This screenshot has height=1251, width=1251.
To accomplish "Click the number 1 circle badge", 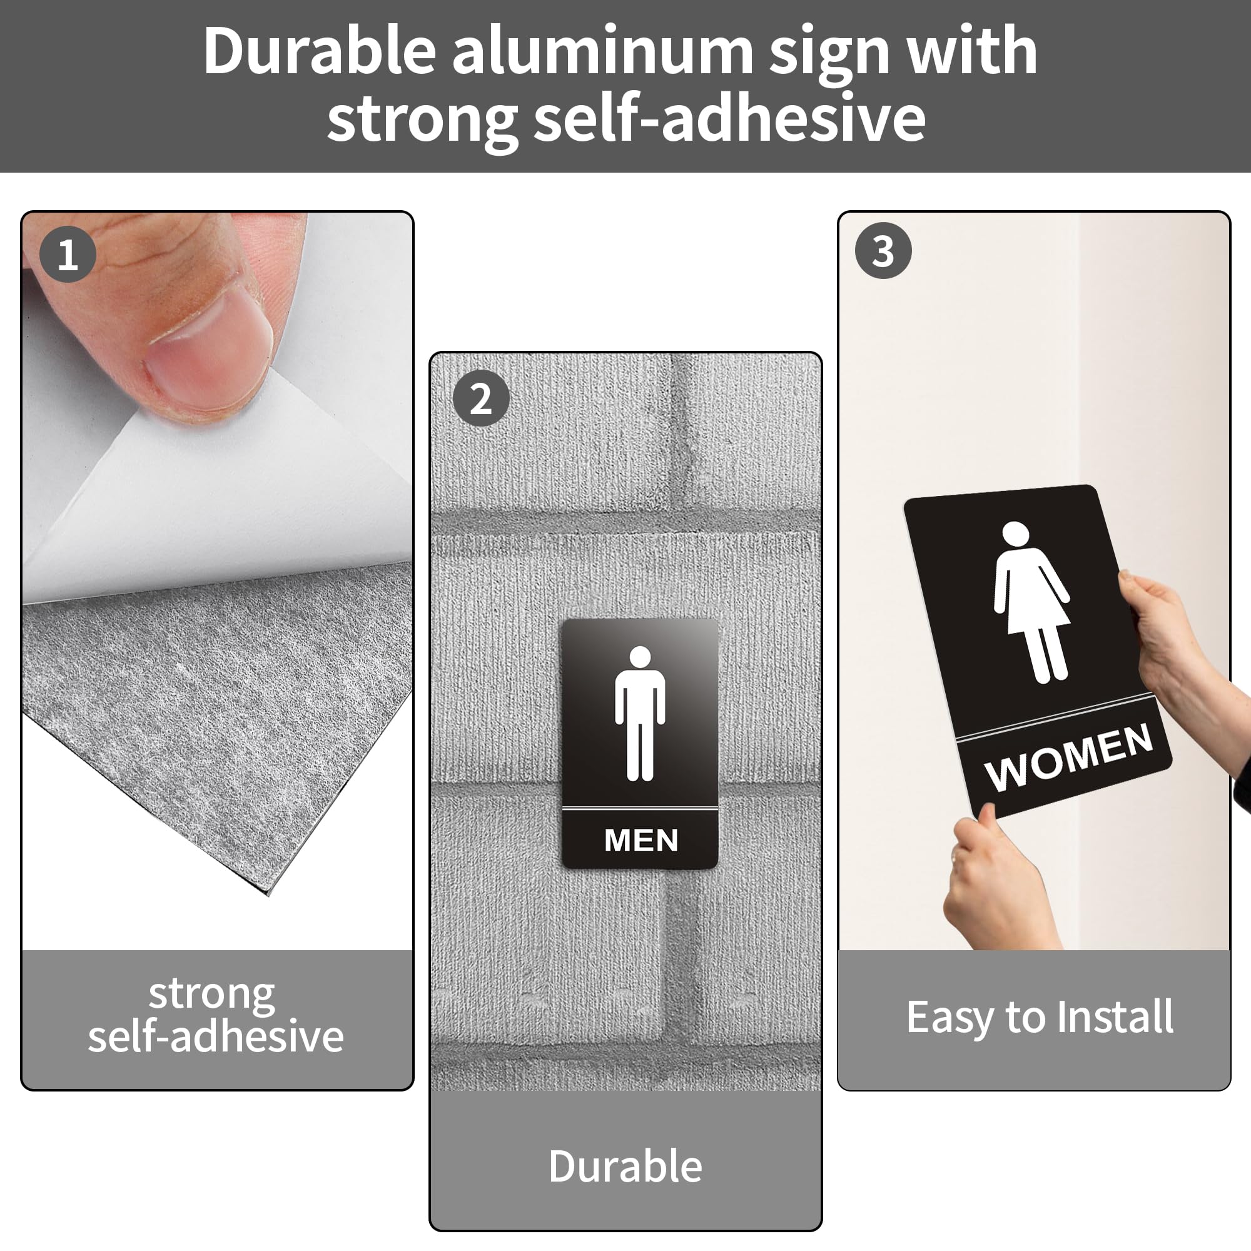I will tap(68, 254).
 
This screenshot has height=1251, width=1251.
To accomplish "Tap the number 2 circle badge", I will tap(480, 398).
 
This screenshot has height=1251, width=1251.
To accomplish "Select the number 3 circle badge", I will tap(883, 251).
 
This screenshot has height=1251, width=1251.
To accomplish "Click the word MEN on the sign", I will tap(641, 841).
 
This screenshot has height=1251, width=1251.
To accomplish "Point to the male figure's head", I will tap(640, 656).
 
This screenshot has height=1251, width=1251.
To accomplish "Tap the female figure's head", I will tap(1015, 534).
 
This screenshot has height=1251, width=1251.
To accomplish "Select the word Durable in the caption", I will tap(625, 1166).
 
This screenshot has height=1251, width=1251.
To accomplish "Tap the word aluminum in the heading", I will tap(602, 52).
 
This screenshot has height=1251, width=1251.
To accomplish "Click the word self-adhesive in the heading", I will tap(729, 118).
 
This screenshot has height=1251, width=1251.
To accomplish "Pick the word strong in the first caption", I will tap(212, 994).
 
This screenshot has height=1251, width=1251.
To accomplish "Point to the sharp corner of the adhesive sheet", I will tap(268, 894).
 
